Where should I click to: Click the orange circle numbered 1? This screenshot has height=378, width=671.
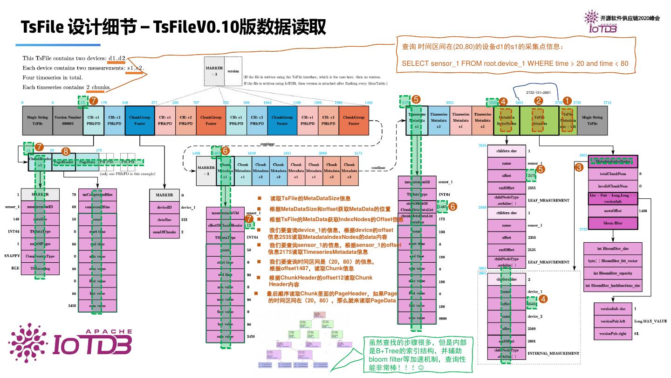point(567,100)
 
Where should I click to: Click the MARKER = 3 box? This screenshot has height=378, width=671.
point(214,71)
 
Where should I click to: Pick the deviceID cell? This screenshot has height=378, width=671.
point(164,207)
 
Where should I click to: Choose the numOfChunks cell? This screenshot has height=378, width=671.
point(164,231)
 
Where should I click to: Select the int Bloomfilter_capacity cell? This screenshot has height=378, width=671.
point(612,273)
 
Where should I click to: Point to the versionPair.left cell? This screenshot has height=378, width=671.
point(612,321)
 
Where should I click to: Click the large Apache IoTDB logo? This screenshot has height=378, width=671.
point(70,341)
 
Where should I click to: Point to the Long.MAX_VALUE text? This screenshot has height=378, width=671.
point(650,322)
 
